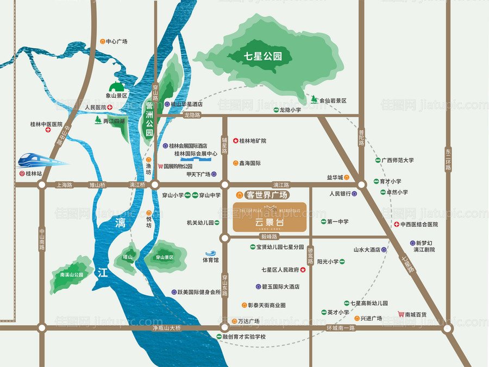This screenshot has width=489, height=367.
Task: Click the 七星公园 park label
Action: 260,55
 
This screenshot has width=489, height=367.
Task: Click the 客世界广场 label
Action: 266,194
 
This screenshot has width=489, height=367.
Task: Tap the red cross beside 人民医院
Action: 110,107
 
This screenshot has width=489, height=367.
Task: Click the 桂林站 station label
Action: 34,174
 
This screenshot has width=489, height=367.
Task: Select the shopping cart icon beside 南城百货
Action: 401,314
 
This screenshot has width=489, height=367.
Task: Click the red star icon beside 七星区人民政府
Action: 303,269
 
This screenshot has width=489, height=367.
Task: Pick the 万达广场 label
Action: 248,321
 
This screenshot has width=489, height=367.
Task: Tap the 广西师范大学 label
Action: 397,160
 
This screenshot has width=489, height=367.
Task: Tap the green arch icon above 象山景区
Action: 116,86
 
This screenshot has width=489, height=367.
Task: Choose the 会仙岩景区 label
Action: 333,101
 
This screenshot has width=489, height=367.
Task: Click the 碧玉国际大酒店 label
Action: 281,287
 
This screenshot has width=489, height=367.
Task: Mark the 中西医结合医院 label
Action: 419,224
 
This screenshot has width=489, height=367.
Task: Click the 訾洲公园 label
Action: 148,119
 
